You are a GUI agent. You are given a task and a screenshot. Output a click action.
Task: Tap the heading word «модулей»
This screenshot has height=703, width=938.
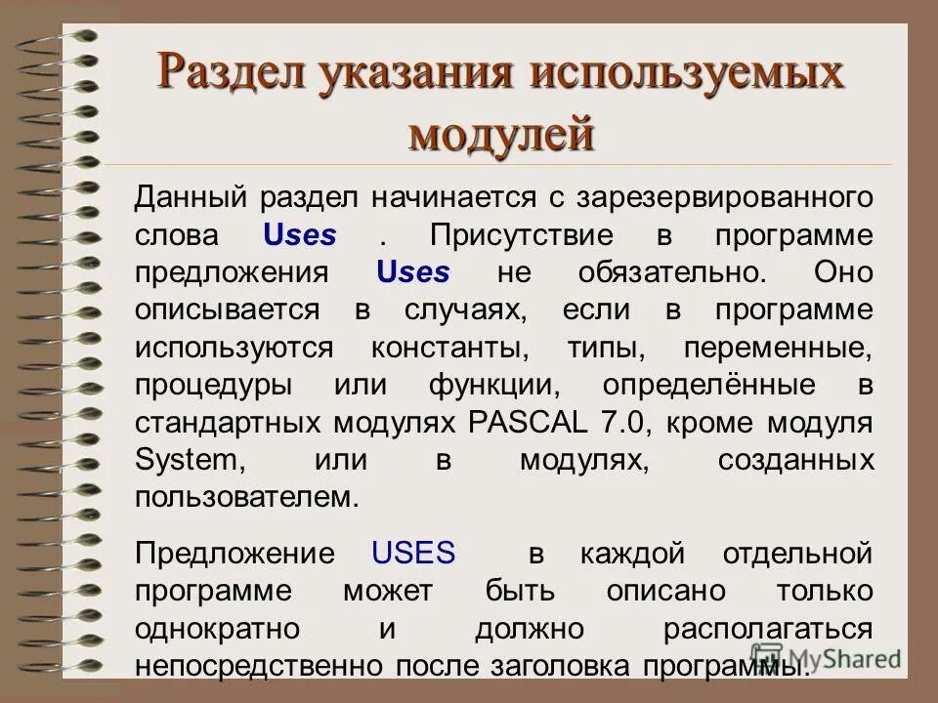point(501,134)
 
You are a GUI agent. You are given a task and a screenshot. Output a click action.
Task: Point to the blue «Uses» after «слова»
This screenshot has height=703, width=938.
point(300,235)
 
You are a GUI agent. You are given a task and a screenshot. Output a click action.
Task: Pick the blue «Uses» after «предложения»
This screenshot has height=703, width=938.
point(413,272)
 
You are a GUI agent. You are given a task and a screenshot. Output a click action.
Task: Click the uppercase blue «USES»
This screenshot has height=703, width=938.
point(414,554)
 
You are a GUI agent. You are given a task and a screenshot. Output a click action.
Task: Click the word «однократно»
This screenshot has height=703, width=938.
point(218,628)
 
